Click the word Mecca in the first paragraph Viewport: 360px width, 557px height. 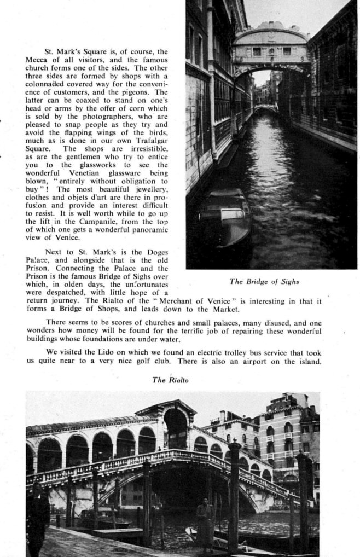[36, 60]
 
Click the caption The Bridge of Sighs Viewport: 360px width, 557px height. [264, 282]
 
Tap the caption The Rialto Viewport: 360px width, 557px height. [170, 380]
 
